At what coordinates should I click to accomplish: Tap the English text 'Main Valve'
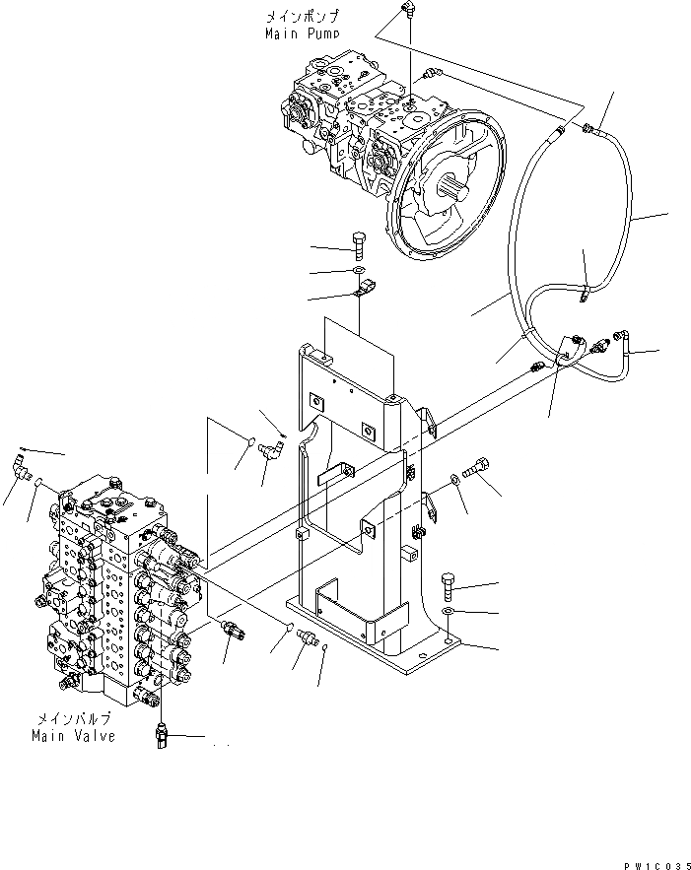coord(73,736)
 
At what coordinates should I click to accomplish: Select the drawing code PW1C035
coord(654,863)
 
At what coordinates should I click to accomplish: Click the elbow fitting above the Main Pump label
coord(407,10)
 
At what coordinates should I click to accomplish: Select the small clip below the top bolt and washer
coord(366,290)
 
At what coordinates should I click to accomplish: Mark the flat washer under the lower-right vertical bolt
coord(448,613)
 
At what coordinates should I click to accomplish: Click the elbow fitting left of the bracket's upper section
coord(269,451)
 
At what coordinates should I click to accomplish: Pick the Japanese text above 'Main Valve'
coord(73,719)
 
